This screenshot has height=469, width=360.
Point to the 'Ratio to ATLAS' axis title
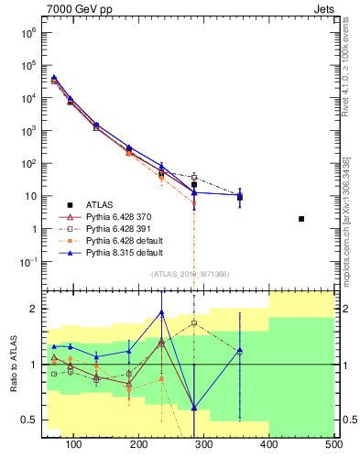[x=14, y=364]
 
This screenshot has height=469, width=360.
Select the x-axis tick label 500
[x=333, y=444]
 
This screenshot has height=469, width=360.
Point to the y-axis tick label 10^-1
[x=27, y=262]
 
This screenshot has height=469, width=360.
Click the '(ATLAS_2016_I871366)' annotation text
[x=189, y=274]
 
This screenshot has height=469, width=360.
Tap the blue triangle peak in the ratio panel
[x=162, y=312]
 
